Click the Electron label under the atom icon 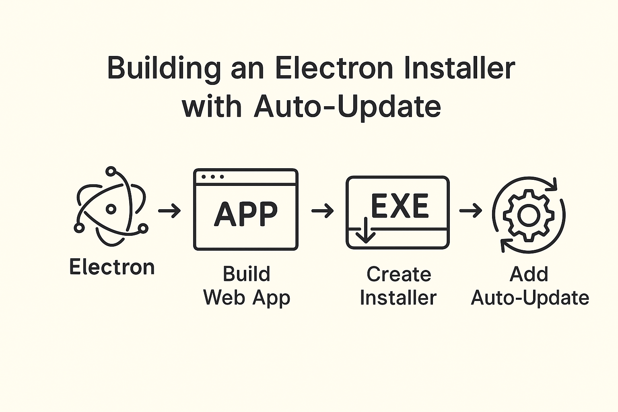(112, 267)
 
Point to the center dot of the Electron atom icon (111, 209)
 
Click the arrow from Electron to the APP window (169, 210)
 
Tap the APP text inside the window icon (246, 214)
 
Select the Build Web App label (247, 286)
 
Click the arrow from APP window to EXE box (322, 210)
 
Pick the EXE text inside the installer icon (400, 206)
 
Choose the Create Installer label (398, 286)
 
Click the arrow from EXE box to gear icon (470, 210)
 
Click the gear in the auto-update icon (528, 215)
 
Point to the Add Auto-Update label (529, 286)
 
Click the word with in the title (212, 106)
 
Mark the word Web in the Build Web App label (225, 298)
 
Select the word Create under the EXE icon (399, 274)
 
